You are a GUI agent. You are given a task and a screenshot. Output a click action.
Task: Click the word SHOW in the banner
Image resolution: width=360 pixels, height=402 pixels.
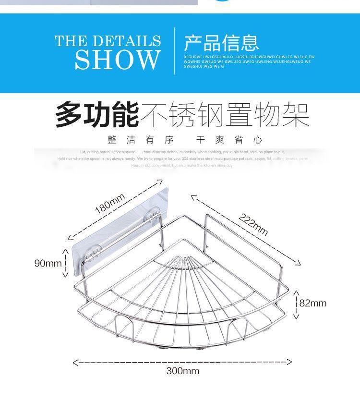(117, 59)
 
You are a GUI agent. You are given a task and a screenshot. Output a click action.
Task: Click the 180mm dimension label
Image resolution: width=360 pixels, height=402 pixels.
(109, 203)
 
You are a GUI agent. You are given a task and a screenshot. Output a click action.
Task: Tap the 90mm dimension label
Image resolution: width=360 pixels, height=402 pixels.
(48, 263)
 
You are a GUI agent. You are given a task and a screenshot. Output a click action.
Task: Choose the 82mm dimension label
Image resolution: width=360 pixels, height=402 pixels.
(312, 303)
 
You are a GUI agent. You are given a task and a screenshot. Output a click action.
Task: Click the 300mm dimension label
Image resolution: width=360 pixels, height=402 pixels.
(182, 371)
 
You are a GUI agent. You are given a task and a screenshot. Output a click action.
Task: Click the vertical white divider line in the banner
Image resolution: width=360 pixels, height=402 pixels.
(174, 50)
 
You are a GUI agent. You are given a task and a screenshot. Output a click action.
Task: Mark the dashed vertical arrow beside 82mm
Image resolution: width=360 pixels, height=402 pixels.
(296, 305)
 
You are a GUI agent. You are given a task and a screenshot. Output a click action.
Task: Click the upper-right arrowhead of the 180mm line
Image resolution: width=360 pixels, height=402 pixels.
(160, 181)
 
